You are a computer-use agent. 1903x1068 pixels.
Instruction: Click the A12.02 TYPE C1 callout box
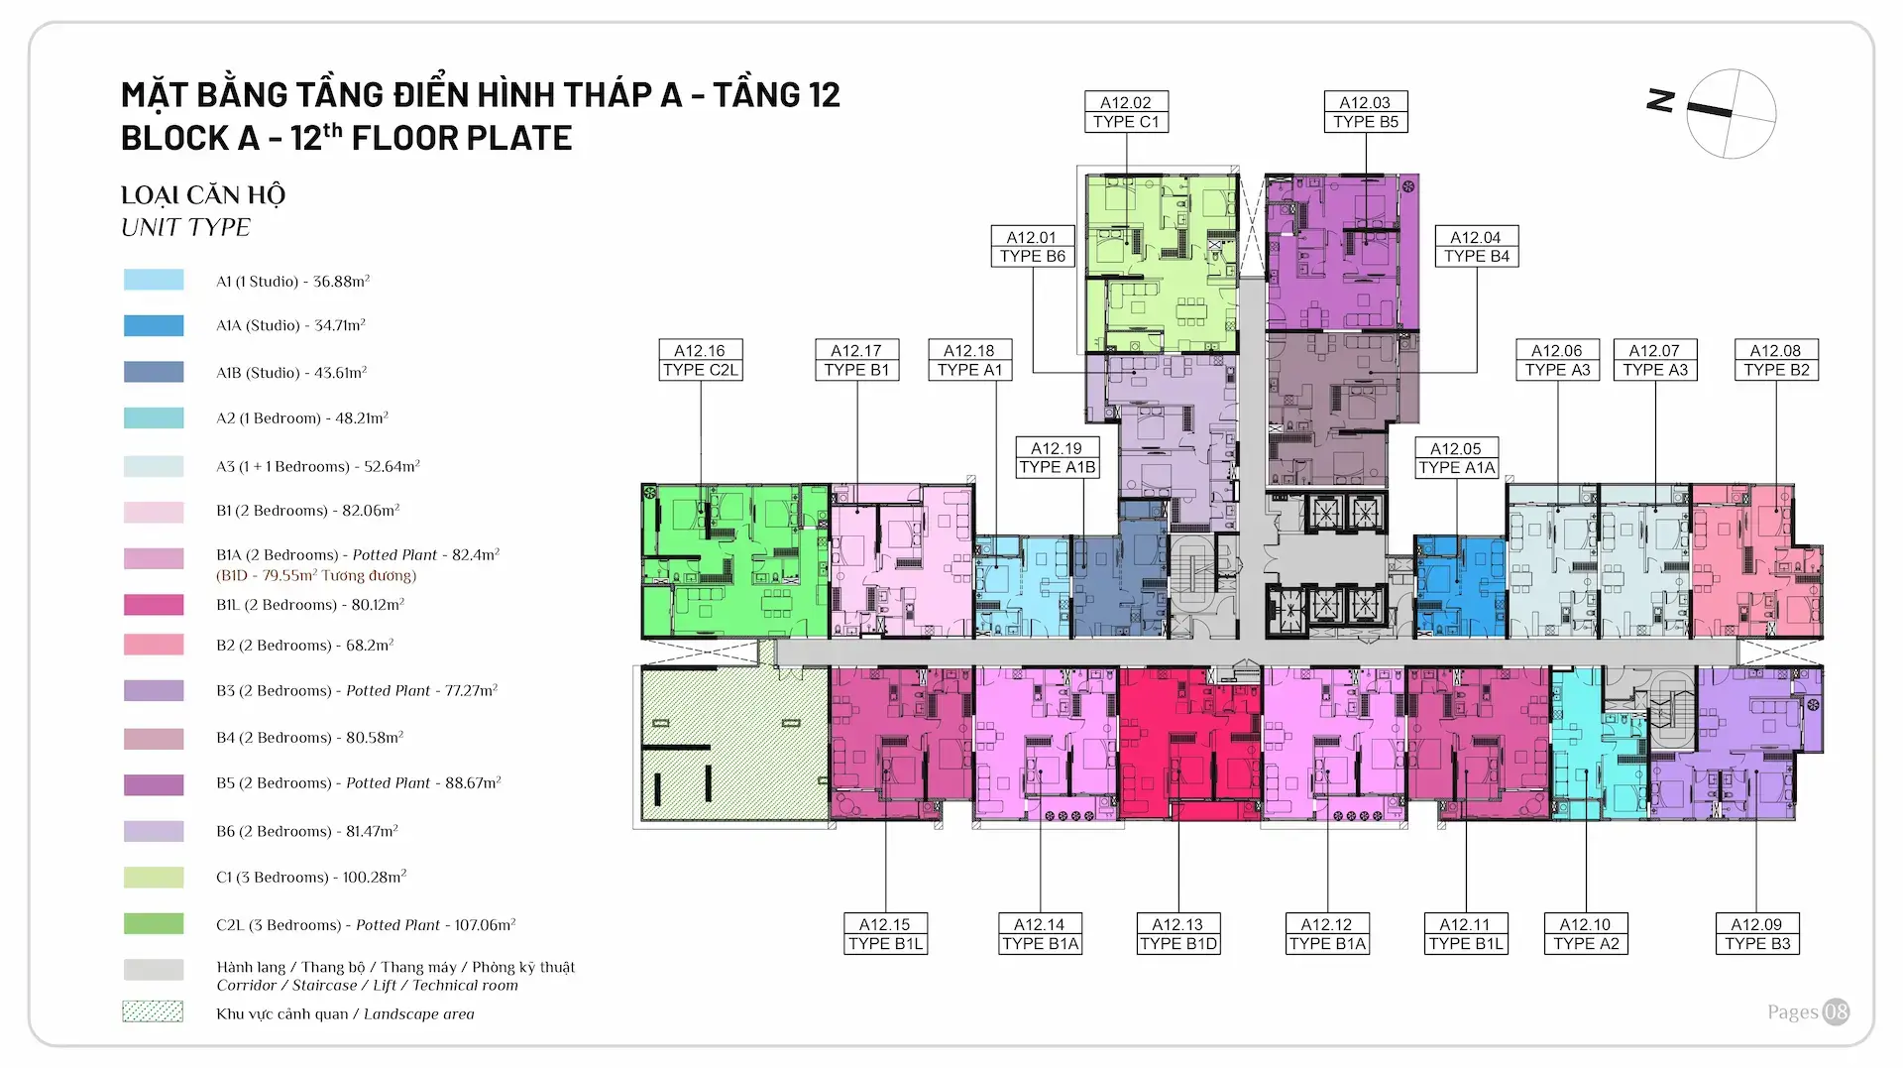click(1126, 112)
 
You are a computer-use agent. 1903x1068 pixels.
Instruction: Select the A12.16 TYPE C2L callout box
click(700, 360)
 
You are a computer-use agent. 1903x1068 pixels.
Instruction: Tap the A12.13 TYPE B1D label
click(1177, 934)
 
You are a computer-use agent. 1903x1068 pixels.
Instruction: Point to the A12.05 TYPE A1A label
click(1456, 458)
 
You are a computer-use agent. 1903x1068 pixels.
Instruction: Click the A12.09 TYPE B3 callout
click(1756, 934)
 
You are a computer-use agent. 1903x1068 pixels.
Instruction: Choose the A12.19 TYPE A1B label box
click(1057, 458)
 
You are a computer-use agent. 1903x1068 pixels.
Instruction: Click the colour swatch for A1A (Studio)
click(154, 325)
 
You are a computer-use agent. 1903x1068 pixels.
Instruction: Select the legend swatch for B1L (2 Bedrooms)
click(154, 605)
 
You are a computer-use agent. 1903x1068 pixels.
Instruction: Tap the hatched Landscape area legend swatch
click(153, 1011)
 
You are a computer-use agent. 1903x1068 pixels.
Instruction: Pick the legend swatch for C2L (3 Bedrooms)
click(154, 924)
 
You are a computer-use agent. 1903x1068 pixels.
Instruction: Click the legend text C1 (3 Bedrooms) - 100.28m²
click(311, 878)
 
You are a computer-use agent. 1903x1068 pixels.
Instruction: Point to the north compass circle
click(1732, 114)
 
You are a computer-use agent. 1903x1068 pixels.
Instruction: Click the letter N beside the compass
click(1660, 100)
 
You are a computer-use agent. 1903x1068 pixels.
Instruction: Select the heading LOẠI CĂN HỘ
click(203, 195)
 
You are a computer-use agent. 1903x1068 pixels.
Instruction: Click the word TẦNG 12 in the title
click(776, 95)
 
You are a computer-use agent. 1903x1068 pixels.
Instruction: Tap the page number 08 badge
click(1836, 1011)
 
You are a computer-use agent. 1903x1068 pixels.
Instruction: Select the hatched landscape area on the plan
click(733, 744)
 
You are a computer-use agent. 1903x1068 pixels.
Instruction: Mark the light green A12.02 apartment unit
click(1160, 263)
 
